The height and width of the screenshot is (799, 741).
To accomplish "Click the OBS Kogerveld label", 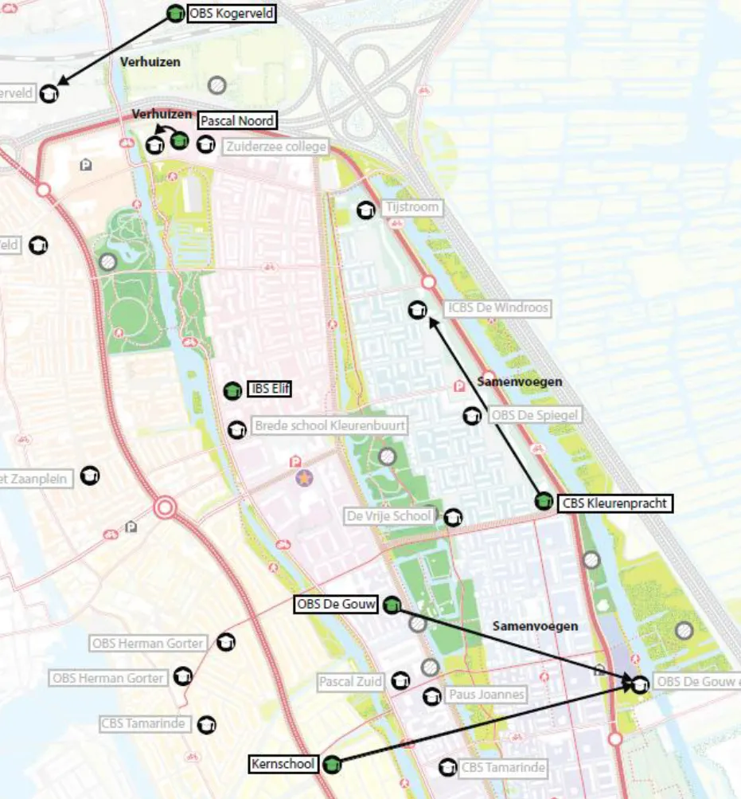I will [232, 14].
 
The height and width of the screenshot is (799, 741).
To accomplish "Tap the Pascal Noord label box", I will [237, 121].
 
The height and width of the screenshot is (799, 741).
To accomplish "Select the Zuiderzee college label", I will [275, 147].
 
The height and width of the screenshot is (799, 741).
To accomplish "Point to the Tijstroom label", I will [411, 207].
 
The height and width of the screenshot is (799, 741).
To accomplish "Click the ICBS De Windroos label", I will [497, 308].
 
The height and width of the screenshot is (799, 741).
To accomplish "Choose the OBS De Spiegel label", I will [534, 415].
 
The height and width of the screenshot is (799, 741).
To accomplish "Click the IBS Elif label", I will [270, 390].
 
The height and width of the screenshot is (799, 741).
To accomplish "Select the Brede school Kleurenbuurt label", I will [330, 426].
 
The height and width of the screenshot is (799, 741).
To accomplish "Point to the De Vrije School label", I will [390, 516].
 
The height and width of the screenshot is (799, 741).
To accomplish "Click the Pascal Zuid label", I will [351, 682].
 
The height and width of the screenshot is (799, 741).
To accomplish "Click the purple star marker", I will [304, 478].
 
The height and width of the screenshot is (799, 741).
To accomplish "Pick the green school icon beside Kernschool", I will [333, 765].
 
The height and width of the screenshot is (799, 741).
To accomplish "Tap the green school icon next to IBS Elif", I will [232, 390].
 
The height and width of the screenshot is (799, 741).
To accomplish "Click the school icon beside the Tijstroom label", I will [366, 210].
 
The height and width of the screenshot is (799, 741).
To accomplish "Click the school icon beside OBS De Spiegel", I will [472, 416].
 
